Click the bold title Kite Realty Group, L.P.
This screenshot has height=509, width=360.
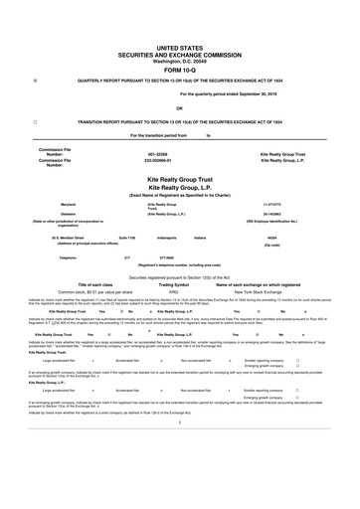179,185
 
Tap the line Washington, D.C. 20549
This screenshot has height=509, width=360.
179,59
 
